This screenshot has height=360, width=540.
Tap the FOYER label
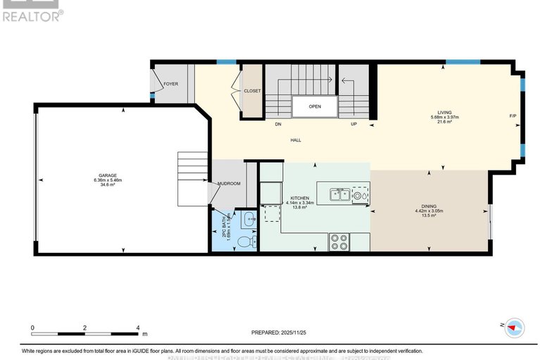tap(170, 84)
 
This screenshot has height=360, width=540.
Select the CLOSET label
tap(252, 91)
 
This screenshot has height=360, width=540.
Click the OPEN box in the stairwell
tap(315, 107)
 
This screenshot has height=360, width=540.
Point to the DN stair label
tap(278, 124)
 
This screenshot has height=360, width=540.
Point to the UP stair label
tap(353, 124)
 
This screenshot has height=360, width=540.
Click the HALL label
tap(296, 140)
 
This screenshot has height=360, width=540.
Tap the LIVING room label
tap(444, 112)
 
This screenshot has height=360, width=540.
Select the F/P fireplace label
tap(513, 116)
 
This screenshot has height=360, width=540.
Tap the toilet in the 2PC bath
tap(244, 242)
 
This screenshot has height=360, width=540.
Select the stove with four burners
tap(339, 242)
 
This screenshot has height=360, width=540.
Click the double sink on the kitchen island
tap(340, 194)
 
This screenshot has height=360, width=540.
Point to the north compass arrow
tap(514, 327)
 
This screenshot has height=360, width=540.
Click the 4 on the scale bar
tap(137, 328)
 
